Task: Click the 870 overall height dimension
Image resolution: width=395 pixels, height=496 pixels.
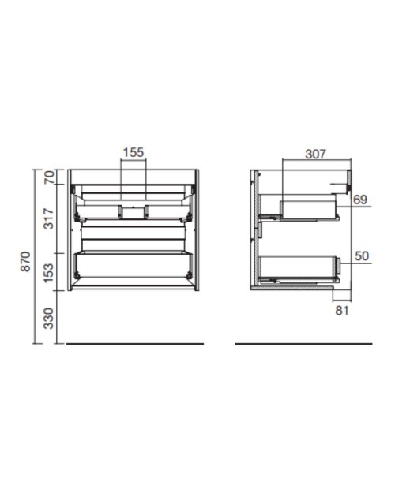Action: click(x=25, y=261)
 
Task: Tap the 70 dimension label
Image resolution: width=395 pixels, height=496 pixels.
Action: click(x=49, y=177)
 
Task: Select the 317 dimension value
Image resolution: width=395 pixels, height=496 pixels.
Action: click(x=49, y=218)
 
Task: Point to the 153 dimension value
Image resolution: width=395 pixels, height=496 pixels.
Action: click(x=49, y=273)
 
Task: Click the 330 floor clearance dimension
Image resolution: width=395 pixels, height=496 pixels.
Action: click(x=49, y=319)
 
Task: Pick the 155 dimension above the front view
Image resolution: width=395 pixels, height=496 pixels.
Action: click(x=134, y=152)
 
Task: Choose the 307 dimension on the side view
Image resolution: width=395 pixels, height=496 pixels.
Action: click(x=315, y=154)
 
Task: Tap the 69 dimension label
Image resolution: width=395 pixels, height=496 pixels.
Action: click(x=360, y=200)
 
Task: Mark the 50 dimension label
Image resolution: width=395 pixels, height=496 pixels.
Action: click(x=362, y=255)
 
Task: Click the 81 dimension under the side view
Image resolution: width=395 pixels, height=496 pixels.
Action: click(x=342, y=311)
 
